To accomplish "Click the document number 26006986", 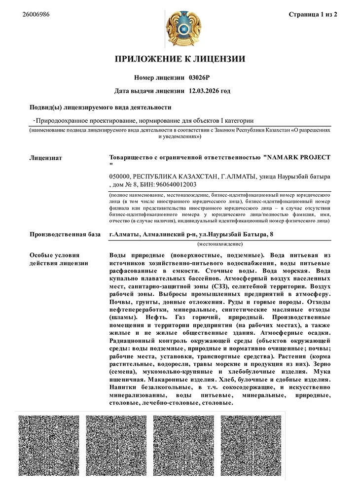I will pyautogui.click(x=36, y=14).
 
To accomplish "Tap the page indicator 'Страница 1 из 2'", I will pyautogui.click(x=313, y=14).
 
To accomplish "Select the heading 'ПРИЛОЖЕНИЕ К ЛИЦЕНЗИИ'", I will pyautogui.click(x=180, y=60).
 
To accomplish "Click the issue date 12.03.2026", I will pyautogui.click(x=204, y=91).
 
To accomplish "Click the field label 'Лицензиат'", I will pyautogui.click(x=46, y=158).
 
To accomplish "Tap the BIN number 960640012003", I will pyautogui.click(x=176, y=184).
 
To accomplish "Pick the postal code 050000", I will pyautogui.click(x=120, y=176).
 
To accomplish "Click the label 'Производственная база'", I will pyautogui.click(x=65, y=234).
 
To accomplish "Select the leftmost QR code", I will pyautogui.click(x=49, y=446).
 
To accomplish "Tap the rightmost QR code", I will pyautogui.click(x=251, y=446).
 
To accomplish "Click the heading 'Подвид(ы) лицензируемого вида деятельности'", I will pyautogui.click(x=101, y=107).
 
